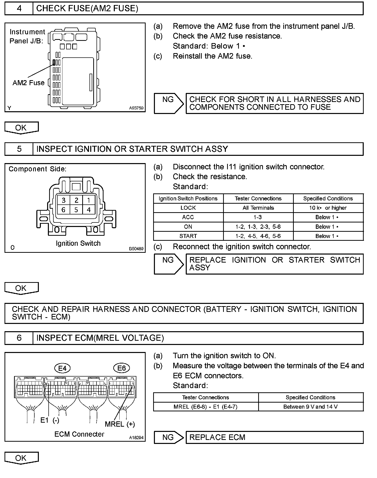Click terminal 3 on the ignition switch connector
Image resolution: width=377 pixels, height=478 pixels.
pos(64,200)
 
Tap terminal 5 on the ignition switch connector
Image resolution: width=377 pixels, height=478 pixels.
pos(76,210)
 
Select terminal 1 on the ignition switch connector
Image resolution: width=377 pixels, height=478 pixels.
pos(88,200)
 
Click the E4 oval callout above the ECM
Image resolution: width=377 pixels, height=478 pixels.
pos(62,368)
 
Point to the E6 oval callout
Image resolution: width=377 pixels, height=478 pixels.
pos(122,368)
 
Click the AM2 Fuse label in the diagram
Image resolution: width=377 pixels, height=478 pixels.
pos(28,83)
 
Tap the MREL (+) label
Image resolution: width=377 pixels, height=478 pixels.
pos(120,424)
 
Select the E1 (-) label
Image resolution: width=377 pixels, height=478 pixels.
pos(50,420)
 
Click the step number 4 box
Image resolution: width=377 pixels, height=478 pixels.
pos(19,9)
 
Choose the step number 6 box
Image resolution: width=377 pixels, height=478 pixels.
pos(19,338)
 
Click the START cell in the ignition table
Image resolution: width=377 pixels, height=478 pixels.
pos(188,236)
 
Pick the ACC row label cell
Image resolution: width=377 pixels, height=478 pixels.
pos(188,217)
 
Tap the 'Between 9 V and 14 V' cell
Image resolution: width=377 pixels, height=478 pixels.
pos(311,407)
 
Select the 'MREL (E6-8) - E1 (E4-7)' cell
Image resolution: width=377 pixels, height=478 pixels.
pos(206,407)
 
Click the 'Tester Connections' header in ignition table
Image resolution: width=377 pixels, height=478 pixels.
pos(258,198)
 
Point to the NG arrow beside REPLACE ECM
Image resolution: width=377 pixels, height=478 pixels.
pos(168,437)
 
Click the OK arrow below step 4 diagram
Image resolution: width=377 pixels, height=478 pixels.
pos(21,128)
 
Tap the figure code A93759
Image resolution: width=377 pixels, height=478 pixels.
pos(136,108)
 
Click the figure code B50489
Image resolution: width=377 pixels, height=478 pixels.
pos(136,249)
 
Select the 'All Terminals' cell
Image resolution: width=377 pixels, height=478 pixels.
pos(258,208)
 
